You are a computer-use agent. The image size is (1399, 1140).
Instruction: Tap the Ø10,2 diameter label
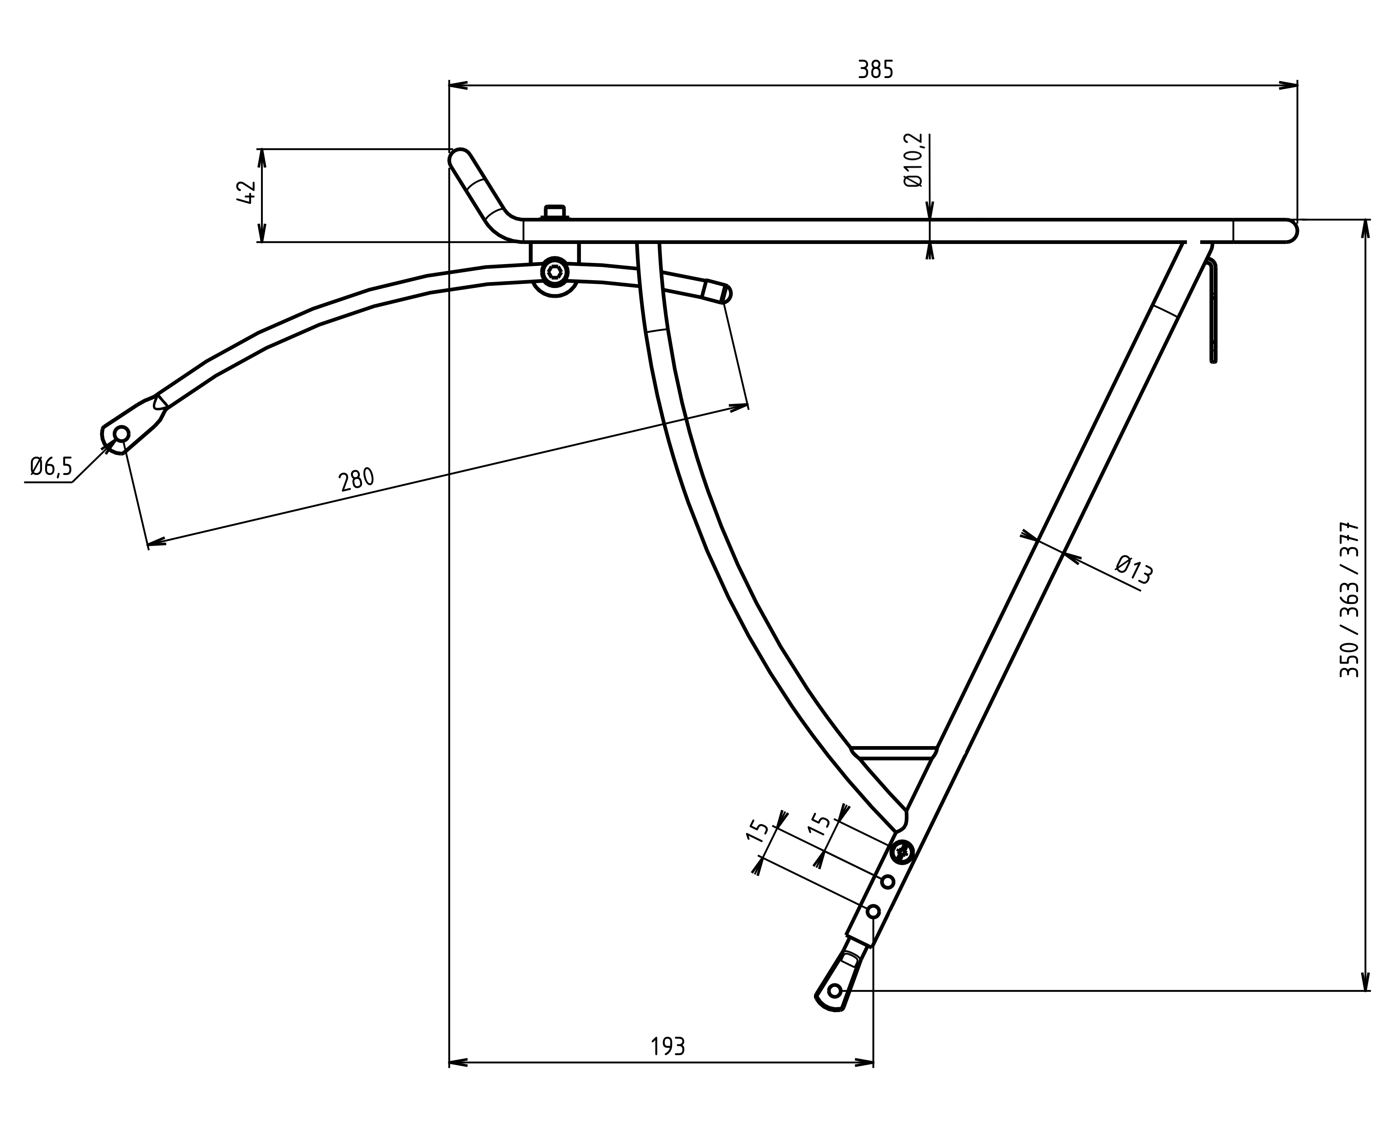[x=913, y=160]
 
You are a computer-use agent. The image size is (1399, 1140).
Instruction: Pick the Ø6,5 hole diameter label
[x=51, y=467]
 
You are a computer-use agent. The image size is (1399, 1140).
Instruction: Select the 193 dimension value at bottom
[x=668, y=1046]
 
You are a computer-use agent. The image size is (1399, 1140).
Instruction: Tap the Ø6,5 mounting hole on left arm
[x=122, y=434]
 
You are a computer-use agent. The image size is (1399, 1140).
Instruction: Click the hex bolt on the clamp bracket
[x=555, y=272]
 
